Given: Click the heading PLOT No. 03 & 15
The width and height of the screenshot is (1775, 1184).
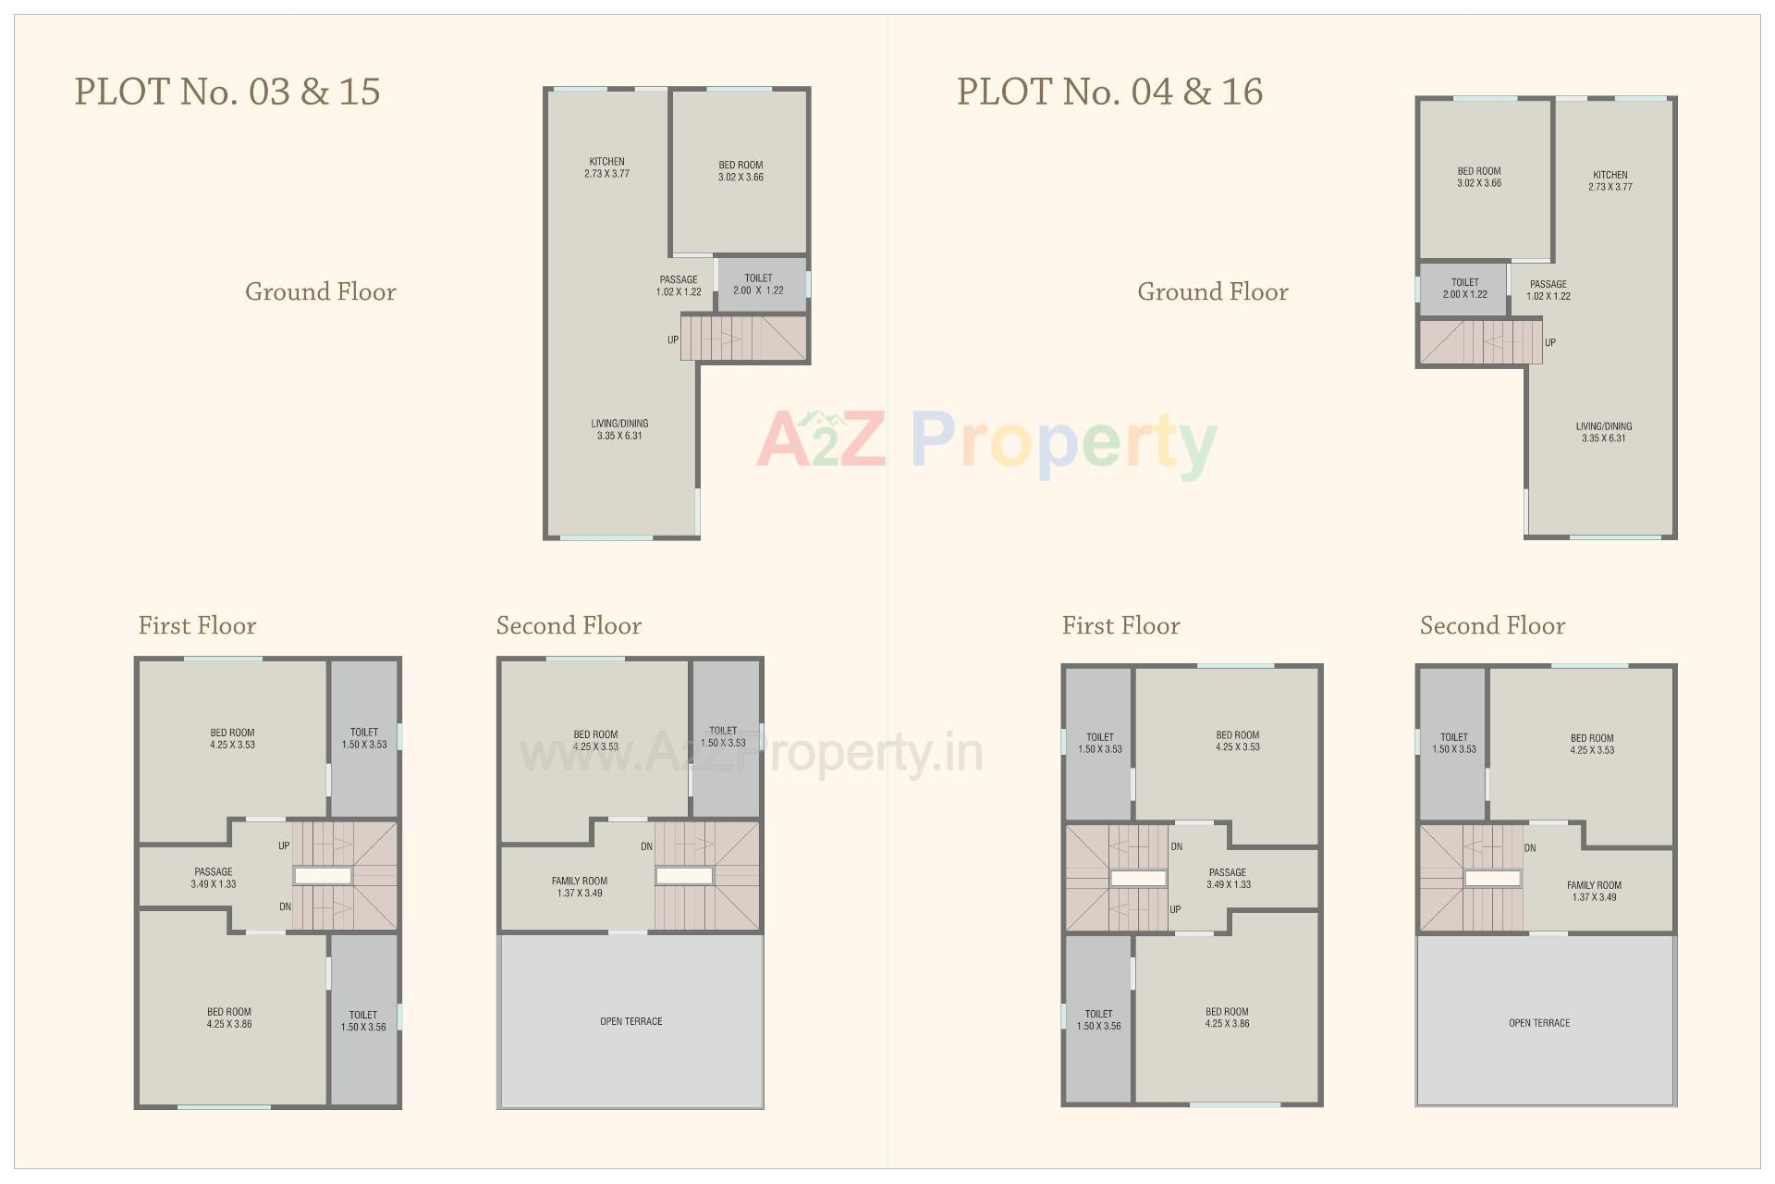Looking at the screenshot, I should (x=227, y=92).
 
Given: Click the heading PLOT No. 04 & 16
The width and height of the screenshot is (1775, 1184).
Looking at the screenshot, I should (x=1109, y=92).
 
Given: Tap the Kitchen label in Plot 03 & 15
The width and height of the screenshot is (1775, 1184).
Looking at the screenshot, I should (x=606, y=167).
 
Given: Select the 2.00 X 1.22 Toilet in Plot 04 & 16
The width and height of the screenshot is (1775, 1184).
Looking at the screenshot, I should (x=1464, y=289).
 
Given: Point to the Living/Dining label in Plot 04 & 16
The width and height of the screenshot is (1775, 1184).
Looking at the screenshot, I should (x=1603, y=432).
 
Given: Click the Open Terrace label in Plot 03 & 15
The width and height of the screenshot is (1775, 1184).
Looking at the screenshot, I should (x=630, y=1021).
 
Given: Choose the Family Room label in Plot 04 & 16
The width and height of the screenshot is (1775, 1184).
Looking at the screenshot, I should (x=1594, y=891).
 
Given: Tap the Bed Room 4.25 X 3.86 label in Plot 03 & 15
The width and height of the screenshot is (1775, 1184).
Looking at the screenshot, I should (x=229, y=1017).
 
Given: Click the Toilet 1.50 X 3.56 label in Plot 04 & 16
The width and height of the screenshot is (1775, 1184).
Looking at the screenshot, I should (x=1098, y=1019).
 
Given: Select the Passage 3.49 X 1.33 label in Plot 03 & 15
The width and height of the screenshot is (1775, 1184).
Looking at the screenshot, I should (x=214, y=878).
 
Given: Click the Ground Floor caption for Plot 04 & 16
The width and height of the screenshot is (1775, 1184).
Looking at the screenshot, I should (x=1212, y=292).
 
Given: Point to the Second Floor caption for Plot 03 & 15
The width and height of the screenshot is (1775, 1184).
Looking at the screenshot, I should (x=569, y=626).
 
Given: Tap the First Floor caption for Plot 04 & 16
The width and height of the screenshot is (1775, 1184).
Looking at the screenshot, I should (x=1120, y=626).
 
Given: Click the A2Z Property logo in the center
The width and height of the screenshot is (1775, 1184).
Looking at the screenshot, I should (x=986, y=442).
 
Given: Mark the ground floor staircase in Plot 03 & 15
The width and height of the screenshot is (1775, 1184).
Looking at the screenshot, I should (x=744, y=338).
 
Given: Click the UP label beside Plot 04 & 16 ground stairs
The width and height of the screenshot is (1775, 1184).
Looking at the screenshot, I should (x=1550, y=342).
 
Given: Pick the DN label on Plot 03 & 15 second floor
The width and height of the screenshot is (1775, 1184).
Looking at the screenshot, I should (x=646, y=846).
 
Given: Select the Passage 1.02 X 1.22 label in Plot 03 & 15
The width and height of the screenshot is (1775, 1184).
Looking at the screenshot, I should (x=679, y=286).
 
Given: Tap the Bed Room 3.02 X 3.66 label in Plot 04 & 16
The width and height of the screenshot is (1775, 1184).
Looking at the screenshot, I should (x=1479, y=177).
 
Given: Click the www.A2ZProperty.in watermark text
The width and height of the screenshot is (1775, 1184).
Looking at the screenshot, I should (x=751, y=753).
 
